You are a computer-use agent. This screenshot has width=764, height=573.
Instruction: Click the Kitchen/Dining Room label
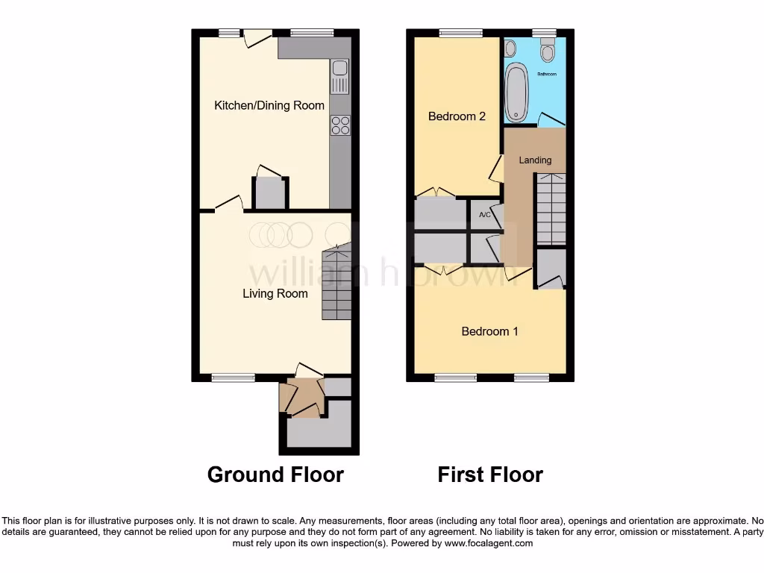coord(269,105)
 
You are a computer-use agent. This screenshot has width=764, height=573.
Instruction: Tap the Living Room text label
coord(275,293)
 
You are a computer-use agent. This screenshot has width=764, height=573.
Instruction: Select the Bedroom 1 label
coord(489,331)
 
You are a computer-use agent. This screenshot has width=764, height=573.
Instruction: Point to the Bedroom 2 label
coord(457,116)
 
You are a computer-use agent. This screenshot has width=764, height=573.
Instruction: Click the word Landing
coord(535,160)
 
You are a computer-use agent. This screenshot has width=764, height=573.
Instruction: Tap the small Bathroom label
coord(547,75)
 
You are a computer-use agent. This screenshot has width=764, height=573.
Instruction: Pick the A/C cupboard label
coord(484,215)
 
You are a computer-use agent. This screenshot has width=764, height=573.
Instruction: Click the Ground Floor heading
coord(275,475)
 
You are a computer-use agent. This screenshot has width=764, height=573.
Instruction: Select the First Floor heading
coord(490,475)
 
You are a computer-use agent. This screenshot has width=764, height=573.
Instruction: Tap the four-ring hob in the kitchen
coord(340,125)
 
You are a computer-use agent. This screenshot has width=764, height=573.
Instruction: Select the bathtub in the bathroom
coord(516,93)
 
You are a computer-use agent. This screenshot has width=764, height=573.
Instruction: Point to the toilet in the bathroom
coord(548,51)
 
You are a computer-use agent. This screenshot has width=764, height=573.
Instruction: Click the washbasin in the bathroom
coord(510,49)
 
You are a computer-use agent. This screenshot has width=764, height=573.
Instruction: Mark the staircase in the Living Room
coord(336,284)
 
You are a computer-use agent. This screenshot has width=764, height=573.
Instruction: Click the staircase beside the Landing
coord(551,210)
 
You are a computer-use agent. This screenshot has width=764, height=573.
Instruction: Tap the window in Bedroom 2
coord(460,33)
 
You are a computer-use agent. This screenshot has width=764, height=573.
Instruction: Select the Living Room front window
coord(228,378)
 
